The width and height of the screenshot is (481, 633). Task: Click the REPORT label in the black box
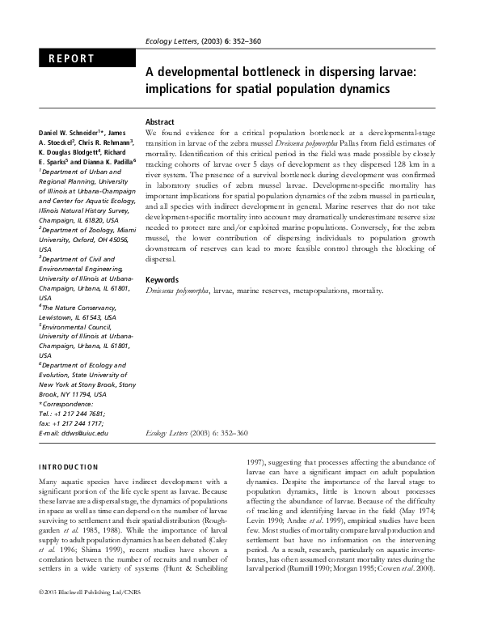[x=72, y=59]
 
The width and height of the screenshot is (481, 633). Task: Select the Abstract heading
[x=161, y=121]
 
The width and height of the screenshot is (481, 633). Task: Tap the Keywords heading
[x=164, y=280]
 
